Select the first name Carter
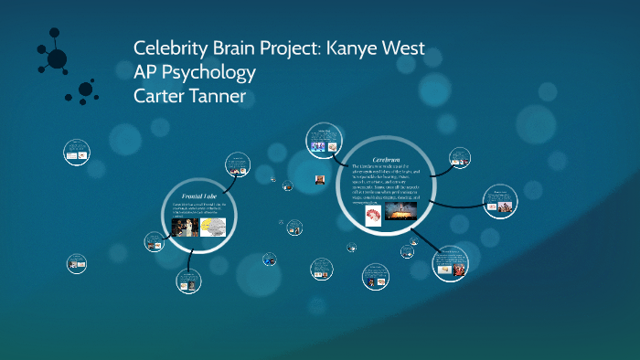point(160,94)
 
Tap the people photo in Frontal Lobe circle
point(187,227)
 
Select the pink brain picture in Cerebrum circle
point(373,216)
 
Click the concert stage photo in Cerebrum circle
point(402,211)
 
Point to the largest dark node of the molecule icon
point(57,59)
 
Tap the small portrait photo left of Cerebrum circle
point(321,179)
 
